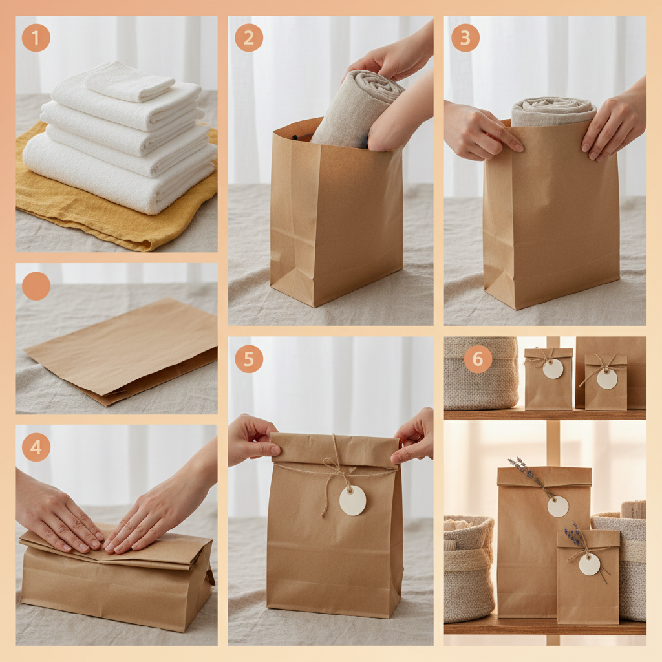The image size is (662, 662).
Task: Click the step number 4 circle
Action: (36, 447)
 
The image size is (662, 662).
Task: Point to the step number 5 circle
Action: (248, 359)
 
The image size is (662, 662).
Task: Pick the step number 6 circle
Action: (478, 359)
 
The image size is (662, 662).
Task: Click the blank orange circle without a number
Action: (36, 286)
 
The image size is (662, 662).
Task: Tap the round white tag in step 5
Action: (352, 500)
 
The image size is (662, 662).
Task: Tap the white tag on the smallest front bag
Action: (589, 564)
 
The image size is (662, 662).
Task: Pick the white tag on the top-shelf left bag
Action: (553, 368)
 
